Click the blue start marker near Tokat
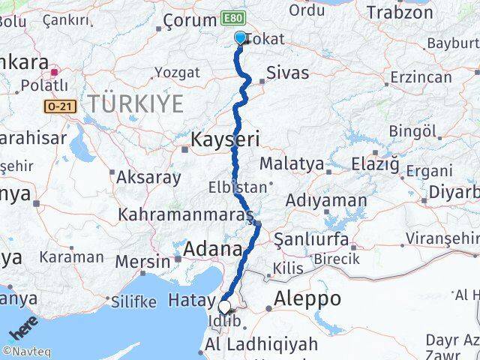tap(240, 37)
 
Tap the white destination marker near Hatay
tap(224, 306)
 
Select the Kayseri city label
tap(224, 139)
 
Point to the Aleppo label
tap(307, 298)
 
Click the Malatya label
tap(291, 163)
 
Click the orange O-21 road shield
tap(60, 107)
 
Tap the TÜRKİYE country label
tap(134, 103)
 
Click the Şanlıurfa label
tap(311, 240)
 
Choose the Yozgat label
tap(176, 73)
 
